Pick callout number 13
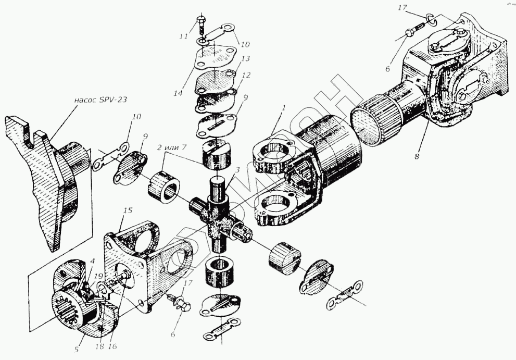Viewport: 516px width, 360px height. coord(246,58)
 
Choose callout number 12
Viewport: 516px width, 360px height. coord(246,76)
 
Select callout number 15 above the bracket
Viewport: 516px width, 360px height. coord(129,210)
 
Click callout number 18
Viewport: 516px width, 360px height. coord(100,346)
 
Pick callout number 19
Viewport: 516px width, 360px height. coord(98,275)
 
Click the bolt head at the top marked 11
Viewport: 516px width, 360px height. coord(201,21)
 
